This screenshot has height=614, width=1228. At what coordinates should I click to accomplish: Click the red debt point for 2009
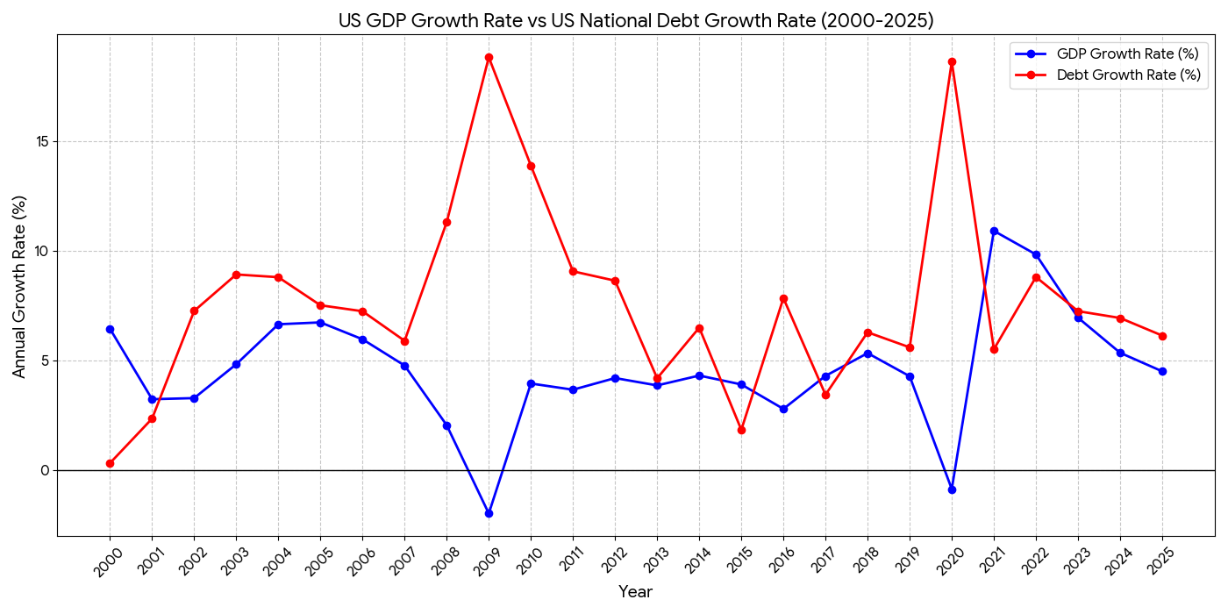click(489, 58)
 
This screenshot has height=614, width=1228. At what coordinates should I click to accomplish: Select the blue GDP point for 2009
click(489, 513)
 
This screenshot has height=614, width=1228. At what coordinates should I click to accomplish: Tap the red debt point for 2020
click(952, 62)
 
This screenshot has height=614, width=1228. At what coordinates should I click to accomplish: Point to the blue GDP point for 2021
click(994, 231)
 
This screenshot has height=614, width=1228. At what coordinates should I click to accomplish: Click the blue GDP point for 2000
click(110, 329)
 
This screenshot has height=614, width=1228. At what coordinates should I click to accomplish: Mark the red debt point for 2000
click(110, 463)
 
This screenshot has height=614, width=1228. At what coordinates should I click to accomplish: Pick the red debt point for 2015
click(741, 430)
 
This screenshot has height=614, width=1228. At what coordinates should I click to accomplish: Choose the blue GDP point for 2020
click(952, 489)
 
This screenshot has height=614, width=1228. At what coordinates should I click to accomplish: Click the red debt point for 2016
click(783, 298)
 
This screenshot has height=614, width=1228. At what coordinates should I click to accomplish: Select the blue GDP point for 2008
click(446, 425)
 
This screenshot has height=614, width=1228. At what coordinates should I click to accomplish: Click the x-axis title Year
click(635, 592)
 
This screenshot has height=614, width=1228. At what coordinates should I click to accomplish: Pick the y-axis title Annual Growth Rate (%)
click(19, 286)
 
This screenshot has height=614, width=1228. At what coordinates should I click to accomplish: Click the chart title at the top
click(635, 20)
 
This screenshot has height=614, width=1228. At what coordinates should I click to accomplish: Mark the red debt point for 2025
click(1162, 336)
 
